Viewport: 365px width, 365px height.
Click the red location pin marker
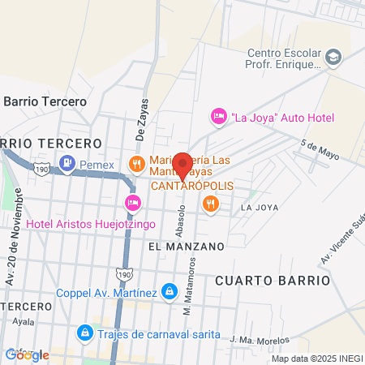click(x=182, y=164)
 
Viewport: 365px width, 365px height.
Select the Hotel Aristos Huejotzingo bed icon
click(x=131, y=202)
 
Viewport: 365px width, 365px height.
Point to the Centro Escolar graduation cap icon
click(x=334, y=57)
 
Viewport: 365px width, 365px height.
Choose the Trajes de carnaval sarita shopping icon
click(x=84, y=333)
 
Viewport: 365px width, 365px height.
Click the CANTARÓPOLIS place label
click(x=192, y=186)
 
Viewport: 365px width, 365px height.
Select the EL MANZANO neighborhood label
click(x=186, y=244)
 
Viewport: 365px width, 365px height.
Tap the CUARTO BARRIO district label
click(x=273, y=280)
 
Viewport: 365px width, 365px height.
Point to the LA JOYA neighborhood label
click(x=260, y=208)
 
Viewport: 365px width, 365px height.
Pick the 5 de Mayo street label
click(x=319, y=149)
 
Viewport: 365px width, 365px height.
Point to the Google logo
click(x=27, y=354)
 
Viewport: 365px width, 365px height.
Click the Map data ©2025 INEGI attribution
click(x=317, y=359)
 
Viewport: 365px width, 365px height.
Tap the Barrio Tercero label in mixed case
click(x=45, y=101)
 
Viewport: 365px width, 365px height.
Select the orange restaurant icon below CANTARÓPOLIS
click(x=211, y=204)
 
